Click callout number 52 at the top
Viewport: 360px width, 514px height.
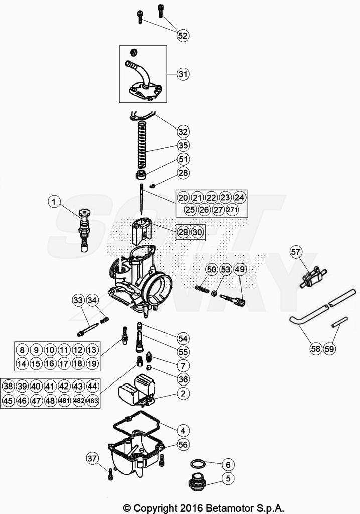click(183, 35)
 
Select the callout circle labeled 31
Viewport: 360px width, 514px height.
click(183, 74)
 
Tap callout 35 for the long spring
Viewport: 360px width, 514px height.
click(183, 146)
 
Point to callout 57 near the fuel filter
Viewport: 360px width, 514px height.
click(296, 252)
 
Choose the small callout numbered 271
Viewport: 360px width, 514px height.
click(232, 210)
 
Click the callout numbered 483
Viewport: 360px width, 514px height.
click(92, 401)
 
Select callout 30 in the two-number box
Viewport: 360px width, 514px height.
click(198, 232)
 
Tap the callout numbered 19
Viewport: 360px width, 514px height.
click(92, 364)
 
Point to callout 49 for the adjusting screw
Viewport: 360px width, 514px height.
click(240, 270)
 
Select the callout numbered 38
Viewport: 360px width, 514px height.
click(8, 387)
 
